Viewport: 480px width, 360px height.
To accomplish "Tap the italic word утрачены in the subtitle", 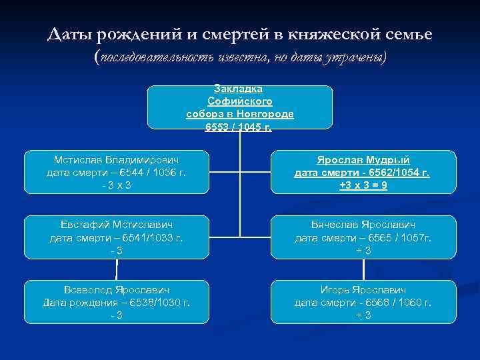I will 353,58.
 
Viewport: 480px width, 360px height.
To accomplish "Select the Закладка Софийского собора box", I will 239,107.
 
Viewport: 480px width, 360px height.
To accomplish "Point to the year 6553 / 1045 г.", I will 239,126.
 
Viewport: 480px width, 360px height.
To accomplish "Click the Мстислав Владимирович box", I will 116,172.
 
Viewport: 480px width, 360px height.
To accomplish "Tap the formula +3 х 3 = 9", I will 363,185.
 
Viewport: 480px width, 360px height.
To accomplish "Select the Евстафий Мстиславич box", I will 116,237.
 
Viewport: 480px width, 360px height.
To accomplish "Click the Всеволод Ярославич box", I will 116,301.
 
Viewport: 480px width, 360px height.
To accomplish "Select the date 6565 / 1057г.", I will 397,237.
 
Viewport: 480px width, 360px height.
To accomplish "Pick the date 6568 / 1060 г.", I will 397,303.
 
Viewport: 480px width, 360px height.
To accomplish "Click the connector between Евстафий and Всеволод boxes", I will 117,269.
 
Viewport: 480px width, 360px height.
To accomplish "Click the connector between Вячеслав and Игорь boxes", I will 363,269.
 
